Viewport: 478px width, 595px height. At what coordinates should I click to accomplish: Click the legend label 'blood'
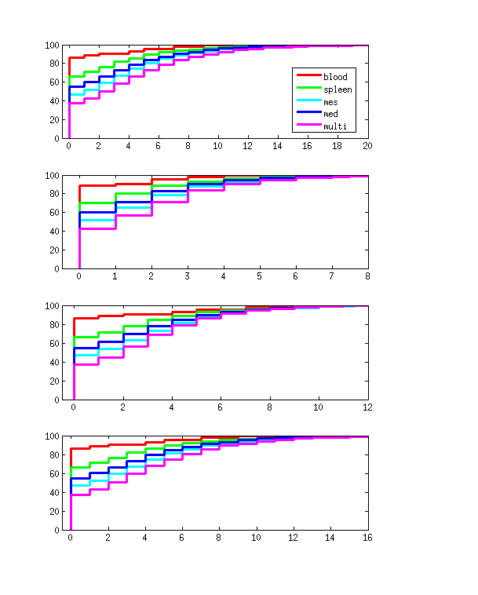click(x=335, y=77)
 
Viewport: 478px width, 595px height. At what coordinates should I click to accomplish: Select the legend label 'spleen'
click(x=338, y=89)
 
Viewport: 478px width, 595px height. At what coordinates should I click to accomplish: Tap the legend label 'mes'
click(x=331, y=102)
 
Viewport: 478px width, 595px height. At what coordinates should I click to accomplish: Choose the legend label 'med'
click(x=331, y=114)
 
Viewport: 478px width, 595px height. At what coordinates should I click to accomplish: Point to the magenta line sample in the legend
click(x=307, y=126)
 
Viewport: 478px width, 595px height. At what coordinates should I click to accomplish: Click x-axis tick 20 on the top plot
click(x=367, y=146)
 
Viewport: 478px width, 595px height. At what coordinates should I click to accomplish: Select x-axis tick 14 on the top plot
click(x=278, y=146)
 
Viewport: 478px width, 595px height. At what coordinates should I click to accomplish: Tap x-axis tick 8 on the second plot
click(x=367, y=276)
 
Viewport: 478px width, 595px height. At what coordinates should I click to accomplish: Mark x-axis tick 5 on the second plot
click(x=259, y=276)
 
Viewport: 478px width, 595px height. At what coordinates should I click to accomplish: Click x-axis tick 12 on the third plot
click(x=367, y=407)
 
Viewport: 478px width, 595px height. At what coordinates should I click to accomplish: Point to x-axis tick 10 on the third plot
click(x=319, y=407)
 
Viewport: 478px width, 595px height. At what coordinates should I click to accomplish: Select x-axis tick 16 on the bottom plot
click(x=367, y=537)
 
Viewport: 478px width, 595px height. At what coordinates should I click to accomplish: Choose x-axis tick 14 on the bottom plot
click(x=330, y=537)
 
